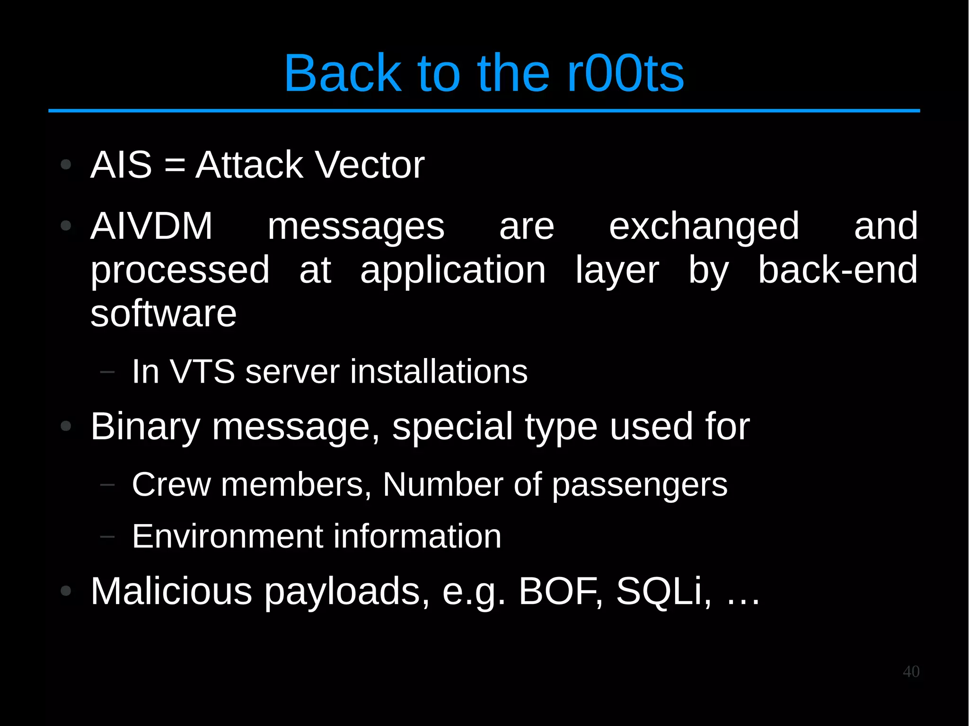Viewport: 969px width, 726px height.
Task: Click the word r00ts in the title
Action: (625, 73)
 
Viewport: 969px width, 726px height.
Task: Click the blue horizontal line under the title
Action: (484, 111)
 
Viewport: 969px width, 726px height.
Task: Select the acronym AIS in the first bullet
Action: (121, 165)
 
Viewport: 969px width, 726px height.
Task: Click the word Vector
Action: (370, 165)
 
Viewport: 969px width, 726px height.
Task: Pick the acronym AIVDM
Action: (151, 226)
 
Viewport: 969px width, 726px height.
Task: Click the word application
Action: (453, 271)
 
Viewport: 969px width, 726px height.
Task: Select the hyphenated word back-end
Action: (837, 270)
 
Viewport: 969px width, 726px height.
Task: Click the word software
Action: (163, 314)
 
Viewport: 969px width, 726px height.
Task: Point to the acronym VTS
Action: (202, 371)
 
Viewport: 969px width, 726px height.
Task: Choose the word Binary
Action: (145, 427)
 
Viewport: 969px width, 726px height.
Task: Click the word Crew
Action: (171, 484)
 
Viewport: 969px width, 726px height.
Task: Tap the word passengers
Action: (640, 485)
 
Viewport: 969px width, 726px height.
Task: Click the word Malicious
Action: (171, 591)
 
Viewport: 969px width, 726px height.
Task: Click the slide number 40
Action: (911, 672)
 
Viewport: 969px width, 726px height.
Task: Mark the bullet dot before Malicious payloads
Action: (66, 591)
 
